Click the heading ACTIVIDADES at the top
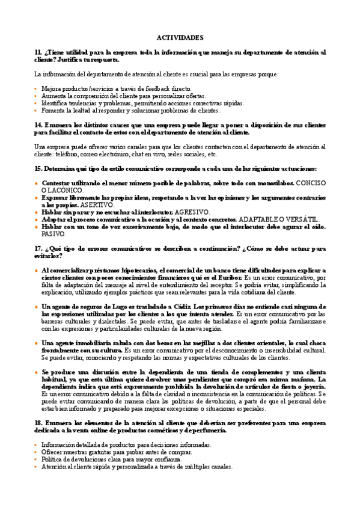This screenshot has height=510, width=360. coord(180,37)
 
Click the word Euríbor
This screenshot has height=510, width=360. coord(229,278)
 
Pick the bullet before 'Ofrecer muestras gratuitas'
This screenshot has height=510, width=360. coord(36,452)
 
